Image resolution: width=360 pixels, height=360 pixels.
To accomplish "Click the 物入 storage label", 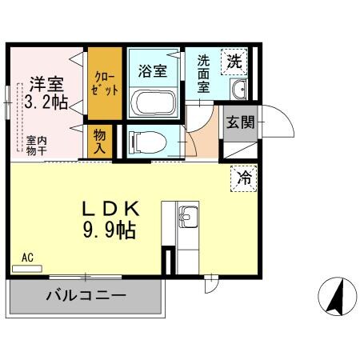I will click(x=100, y=143).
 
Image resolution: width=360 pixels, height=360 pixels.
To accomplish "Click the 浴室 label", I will click(x=153, y=70).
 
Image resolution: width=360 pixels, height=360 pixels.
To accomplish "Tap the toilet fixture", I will click(x=149, y=142).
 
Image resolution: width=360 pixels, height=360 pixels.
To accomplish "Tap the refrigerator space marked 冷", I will click(x=245, y=178).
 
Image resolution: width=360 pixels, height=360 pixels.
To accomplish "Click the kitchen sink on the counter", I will click(x=187, y=217).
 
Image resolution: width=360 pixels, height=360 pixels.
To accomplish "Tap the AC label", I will click(x=28, y=258).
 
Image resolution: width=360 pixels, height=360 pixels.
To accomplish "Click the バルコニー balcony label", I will click(x=86, y=295).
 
